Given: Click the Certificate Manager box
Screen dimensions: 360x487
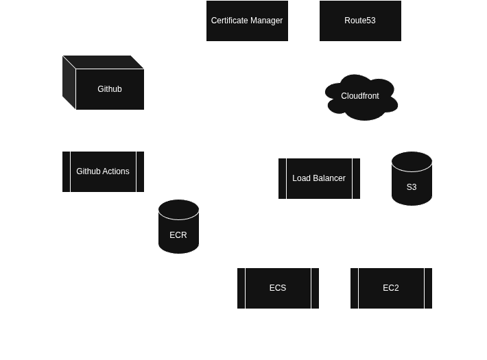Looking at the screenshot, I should (x=247, y=21).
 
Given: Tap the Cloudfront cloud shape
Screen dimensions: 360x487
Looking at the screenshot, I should (x=360, y=96).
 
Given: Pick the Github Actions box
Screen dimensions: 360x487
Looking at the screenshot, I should (x=103, y=171).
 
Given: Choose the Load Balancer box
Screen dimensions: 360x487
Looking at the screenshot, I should (x=319, y=178).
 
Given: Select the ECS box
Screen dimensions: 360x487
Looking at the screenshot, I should (x=278, y=287).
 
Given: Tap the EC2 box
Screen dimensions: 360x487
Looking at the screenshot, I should (x=391, y=287).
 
